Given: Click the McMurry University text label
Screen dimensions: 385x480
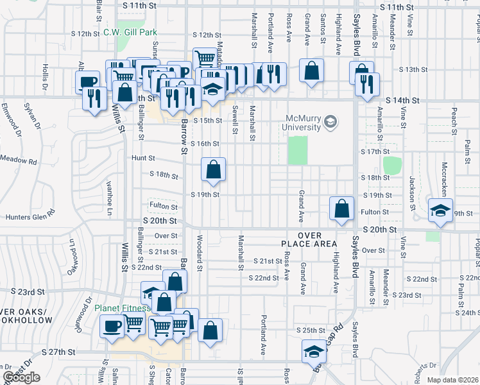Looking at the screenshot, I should [x=304, y=122].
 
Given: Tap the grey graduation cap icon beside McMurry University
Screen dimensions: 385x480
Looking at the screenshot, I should [x=330, y=121].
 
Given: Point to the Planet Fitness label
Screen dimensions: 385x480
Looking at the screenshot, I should [x=123, y=308].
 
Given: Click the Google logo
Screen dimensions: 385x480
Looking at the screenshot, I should [x=21, y=377].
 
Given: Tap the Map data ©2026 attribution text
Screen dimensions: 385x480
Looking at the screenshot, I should [x=453, y=380].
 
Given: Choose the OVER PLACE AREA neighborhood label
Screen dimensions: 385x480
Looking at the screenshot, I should [x=308, y=239].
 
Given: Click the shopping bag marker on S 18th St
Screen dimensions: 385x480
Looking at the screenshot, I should [x=213, y=170].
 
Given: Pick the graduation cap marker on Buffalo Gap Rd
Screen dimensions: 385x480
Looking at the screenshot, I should [x=314, y=351].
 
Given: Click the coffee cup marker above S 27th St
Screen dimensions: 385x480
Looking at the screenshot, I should [x=112, y=326].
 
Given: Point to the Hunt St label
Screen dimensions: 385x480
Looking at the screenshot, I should [x=143, y=158].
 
